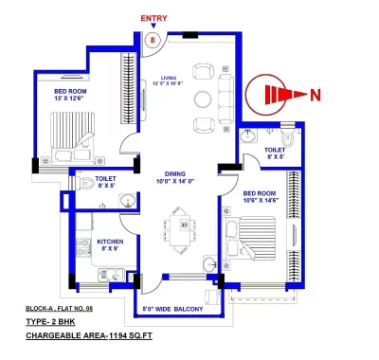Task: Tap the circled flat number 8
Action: pyautogui.click(x=152, y=39)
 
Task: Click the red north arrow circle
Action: pyautogui.click(x=269, y=95)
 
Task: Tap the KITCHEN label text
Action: pyautogui.click(x=110, y=245)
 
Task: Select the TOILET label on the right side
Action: pyautogui.click(x=275, y=153)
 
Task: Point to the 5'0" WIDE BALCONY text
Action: pyautogui.click(x=173, y=309)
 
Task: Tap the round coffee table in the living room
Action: pyautogui.click(x=204, y=99)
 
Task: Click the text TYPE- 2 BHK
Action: pyautogui.click(x=54, y=323)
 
